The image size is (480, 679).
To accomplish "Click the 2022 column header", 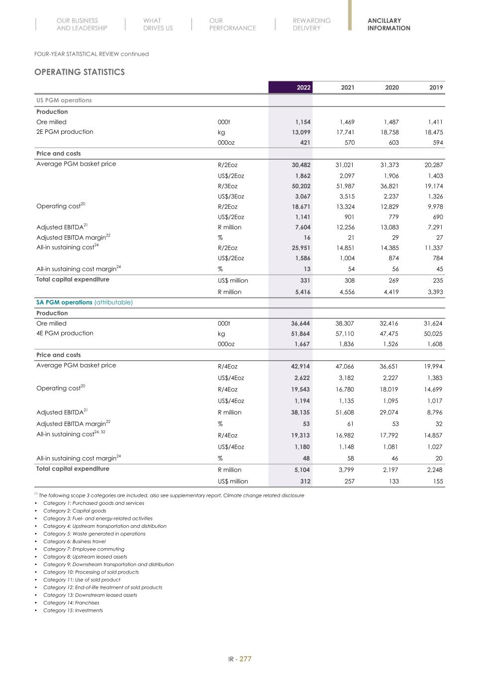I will (x=303, y=88).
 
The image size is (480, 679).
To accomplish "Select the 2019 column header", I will (x=436, y=88).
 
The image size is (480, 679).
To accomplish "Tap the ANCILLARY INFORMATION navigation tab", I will (x=388, y=24).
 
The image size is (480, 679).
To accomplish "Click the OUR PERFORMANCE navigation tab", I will (x=232, y=24).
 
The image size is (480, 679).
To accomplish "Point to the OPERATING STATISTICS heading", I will (x=80, y=72).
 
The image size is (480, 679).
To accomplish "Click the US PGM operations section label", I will (x=64, y=100).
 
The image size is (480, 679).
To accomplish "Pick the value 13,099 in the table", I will (x=301, y=132).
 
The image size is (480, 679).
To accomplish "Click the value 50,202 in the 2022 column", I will (x=301, y=186).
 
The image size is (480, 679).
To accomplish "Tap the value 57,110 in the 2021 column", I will (x=345, y=334).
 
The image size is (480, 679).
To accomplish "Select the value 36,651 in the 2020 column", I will (x=389, y=367).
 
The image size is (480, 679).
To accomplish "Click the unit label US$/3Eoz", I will (x=231, y=196).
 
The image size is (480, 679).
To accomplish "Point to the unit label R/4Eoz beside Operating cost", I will (x=228, y=389).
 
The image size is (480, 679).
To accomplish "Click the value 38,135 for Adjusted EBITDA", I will (x=300, y=412).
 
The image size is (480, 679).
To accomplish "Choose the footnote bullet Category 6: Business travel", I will (x=74, y=542).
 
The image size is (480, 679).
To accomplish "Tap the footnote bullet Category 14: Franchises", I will (x=71, y=603).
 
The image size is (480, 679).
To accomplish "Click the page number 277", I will (x=245, y=659).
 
